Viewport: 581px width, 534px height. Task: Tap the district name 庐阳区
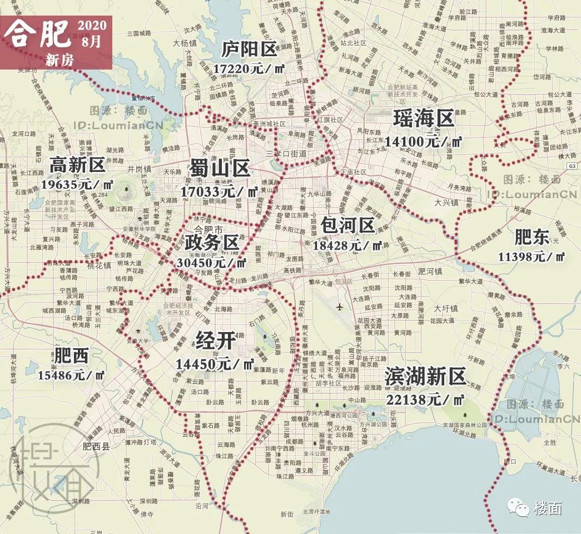[249, 50]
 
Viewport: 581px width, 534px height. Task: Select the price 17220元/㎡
[248, 68]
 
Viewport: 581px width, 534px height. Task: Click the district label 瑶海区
[424, 119]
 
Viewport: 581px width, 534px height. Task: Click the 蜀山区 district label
[220, 169]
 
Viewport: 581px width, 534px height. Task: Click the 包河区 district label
[347, 225]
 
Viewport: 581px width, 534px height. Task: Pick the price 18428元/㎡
[348, 245]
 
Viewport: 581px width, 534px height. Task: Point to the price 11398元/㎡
[532, 256]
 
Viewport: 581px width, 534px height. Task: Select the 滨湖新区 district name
[425, 377]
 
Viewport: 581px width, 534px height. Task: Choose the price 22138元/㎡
[425, 399]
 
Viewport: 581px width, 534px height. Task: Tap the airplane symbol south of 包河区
[340, 306]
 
